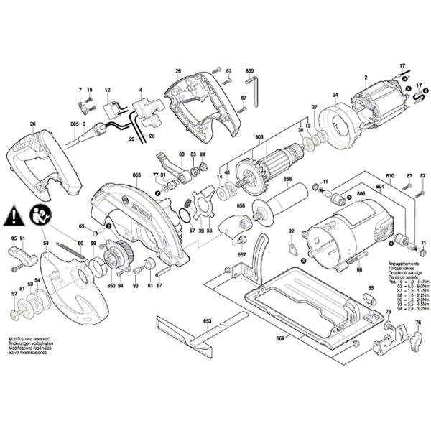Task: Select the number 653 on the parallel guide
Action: click(206, 320)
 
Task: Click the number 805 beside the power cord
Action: click(74, 125)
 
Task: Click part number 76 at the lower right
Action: click(417, 323)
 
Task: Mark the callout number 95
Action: click(13, 238)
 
